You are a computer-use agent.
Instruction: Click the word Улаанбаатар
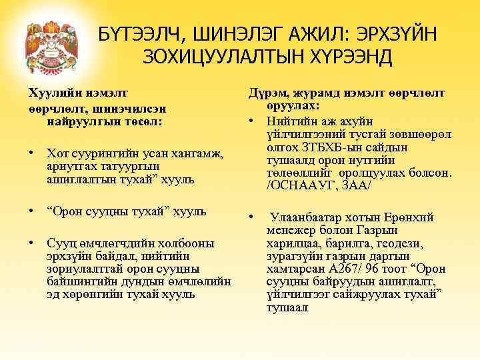(309, 218)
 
